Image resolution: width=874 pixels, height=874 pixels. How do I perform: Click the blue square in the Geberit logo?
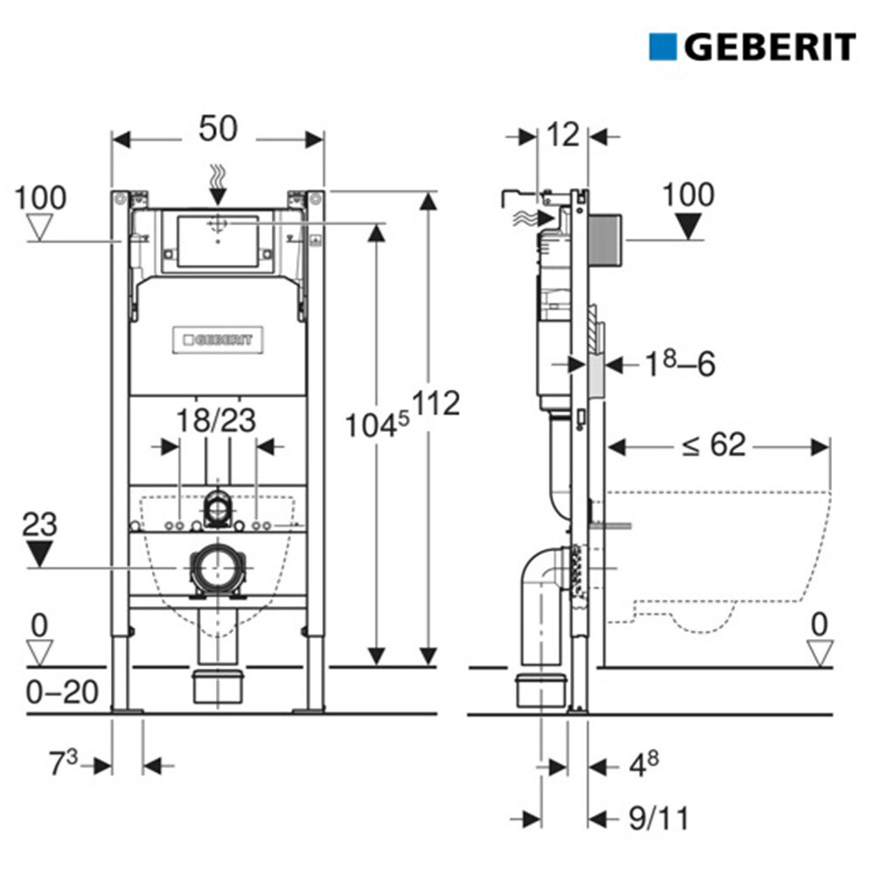(x=662, y=47)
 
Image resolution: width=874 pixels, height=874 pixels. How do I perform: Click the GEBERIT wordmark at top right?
(x=770, y=47)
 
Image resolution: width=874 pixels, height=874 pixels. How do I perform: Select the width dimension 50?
(x=218, y=128)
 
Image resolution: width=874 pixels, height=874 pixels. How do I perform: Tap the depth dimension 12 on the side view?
(x=563, y=135)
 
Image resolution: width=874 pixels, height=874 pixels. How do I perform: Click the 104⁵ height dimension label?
(x=377, y=425)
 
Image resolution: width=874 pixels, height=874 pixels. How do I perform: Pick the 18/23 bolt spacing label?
(x=216, y=420)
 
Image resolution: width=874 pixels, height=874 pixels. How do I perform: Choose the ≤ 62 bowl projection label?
(x=714, y=445)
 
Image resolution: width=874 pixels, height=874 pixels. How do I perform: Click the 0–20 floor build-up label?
(x=62, y=692)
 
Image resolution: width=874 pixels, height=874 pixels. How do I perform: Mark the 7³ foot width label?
(x=63, y=762)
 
